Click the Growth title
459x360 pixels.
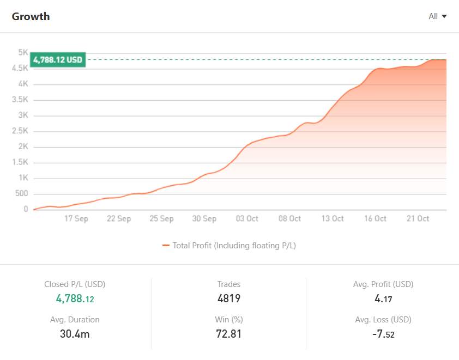pyautogui.click(x=31, y=16)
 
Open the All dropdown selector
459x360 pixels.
pyautogui.click(x=438, y=16)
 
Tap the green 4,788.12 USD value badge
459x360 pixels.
pyautogui.click(x=58, y=60)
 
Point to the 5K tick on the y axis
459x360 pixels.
pyautogui.click(x=23, y=52)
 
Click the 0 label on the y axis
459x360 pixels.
pyautogui.click(x=26, y=209)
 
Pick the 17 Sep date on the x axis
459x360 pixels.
pyautogui.click(x=76, y=218)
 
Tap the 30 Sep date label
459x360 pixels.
pyautogui.click(x=204, y=218)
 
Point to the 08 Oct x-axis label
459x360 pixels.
pyautogui.click(x=290, y=218)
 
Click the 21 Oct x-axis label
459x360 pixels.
pyautogui.click(x=418, y=218)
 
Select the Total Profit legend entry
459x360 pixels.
pyautogui.click(x=229, y=246)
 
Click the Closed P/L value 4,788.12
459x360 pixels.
pyautogui.click(x=75, y=298)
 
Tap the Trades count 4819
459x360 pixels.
pyautogui.click(x=228, y=298)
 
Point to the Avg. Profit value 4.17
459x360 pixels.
pyautogui.click(x=383, y=298)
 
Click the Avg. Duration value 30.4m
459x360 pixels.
pyautogui.click(x=75, y=333)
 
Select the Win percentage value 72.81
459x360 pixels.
pyautogui.click(x=228, y=333)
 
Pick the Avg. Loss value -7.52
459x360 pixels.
pyautogui.click(x=383, y=333)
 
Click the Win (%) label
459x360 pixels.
pyautogui.click(x=228, y=320)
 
